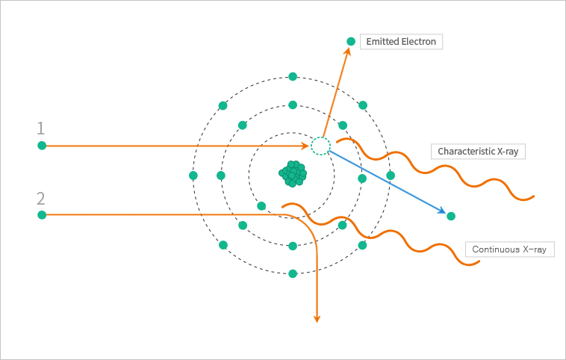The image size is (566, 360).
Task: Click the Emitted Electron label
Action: click(401, 42)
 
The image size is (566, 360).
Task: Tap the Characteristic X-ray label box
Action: click(478, 152)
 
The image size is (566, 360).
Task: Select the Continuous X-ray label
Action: click(510, 249)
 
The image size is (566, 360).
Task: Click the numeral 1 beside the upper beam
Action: click(41, 128)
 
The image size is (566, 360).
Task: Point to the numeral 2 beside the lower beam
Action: click(41, 199)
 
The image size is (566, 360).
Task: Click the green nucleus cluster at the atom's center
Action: click(293, 174)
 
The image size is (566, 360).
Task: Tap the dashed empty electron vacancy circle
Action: click(320, 146)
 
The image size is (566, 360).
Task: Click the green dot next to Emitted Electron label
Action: click(351, 42)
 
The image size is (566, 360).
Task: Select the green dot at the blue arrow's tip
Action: click(451, 217)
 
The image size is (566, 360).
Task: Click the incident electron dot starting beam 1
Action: click(42, 146)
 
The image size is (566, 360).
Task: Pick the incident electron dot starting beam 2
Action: click(42, 215)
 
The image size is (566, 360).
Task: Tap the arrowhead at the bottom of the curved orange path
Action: click(317, 318)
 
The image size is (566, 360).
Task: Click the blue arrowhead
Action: click(442, 211)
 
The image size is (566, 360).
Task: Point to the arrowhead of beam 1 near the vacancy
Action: click(305, 146)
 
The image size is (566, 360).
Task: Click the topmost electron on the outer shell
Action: click(293, 76)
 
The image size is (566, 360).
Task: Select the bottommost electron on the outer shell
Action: click(293, 273)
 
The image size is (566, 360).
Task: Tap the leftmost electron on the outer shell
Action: click(193, 176)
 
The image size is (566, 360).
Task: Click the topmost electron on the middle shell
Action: click(293, 105)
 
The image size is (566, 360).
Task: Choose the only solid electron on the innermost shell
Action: click(261, 206)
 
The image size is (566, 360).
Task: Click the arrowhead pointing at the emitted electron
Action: click(347, 52)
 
